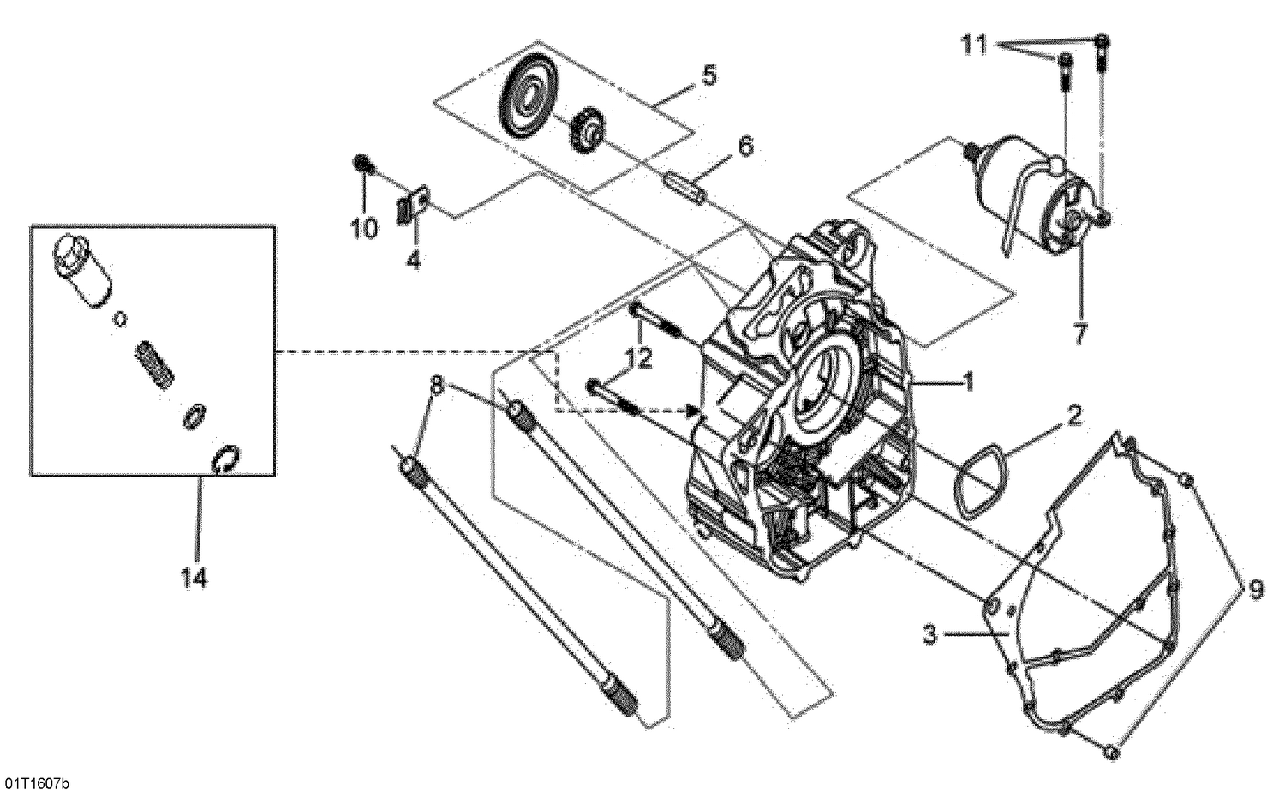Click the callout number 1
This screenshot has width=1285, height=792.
coord(968,383)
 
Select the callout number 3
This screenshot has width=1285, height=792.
coord(932,636)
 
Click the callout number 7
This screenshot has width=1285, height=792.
coord(1079,333)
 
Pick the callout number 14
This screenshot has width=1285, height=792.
coord(194,579)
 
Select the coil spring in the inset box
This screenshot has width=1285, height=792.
coord(158,363)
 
